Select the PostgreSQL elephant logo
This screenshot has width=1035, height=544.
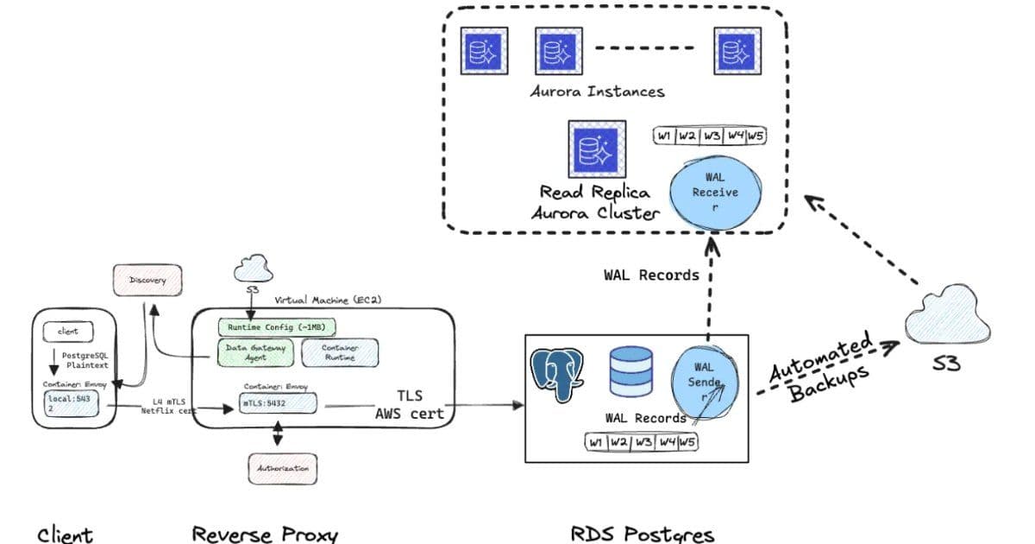tap(557, 374)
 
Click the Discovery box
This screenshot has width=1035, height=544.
tap(147, 281)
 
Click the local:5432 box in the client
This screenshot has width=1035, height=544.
tap(72, 403)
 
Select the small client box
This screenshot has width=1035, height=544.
tap(68, 332)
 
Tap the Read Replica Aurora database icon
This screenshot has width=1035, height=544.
tap(595, 148)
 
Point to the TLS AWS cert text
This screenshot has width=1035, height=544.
tap(409, 403)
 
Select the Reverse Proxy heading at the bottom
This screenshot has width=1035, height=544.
tap(265, 533)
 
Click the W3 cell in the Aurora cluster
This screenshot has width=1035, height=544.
tap(711, 136)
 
